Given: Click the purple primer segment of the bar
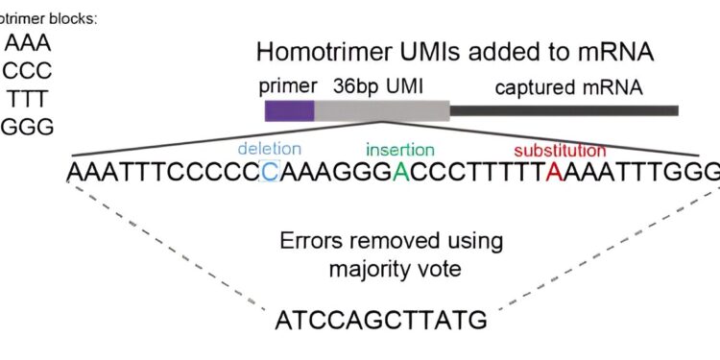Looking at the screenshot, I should point(289,109).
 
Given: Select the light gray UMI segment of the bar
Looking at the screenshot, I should point(381,109).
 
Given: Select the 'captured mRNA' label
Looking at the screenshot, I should point(569,87).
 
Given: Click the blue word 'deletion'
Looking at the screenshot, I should point(269,150).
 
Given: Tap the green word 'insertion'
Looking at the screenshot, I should point(399,150).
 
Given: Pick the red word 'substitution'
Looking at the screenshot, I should point(560,151).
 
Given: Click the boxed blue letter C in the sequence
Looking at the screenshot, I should point(270,173).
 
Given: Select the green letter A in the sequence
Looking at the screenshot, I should point(400,173).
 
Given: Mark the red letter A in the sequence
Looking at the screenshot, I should point(554,173).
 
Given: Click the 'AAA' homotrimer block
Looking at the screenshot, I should point(29,43).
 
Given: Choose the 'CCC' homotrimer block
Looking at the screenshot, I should point(29,72).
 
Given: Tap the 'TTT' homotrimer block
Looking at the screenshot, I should point(29,100).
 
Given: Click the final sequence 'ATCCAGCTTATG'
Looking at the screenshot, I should point(381,320).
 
